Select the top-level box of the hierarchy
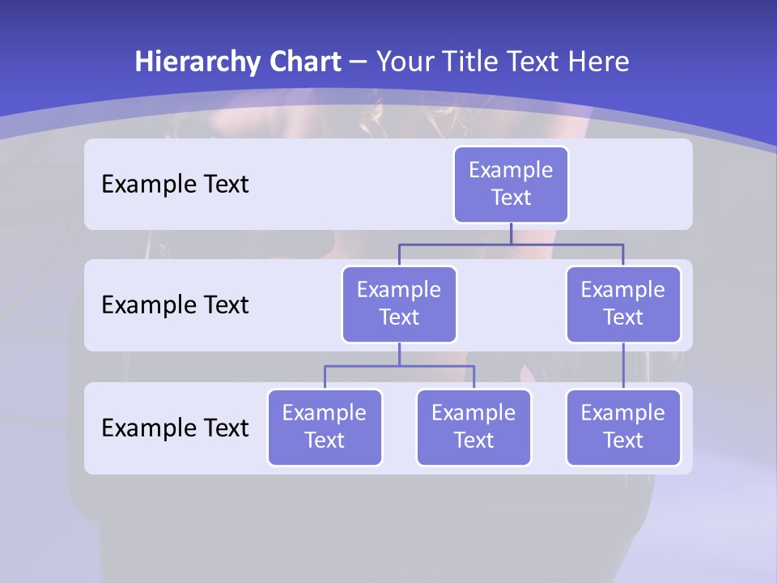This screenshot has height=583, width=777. coord(511,184)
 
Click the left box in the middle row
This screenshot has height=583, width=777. coord(399,304)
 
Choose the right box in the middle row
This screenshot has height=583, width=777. coord(623,304)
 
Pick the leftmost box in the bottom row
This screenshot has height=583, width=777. coord(325,427)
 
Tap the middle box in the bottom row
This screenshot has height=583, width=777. coord(473,427)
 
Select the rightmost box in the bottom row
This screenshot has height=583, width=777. coord(623,427)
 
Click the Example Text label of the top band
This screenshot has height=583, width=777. coord(175,184)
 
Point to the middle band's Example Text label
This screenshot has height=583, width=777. coord(175,304)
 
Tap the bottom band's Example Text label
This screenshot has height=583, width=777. coord(175,428)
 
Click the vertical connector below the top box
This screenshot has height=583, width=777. coord(511,233)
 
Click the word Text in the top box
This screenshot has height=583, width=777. coord(511,198)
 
